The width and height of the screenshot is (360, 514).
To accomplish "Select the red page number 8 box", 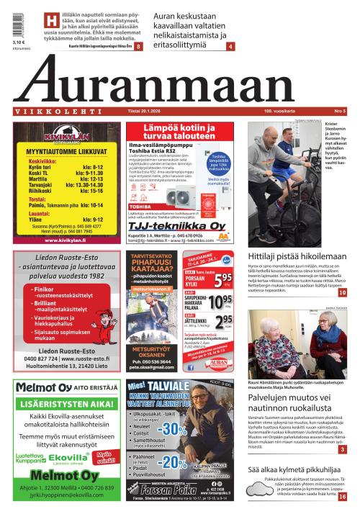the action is [138, 46].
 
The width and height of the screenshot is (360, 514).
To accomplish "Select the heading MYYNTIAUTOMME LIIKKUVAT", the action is [62, 152].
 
